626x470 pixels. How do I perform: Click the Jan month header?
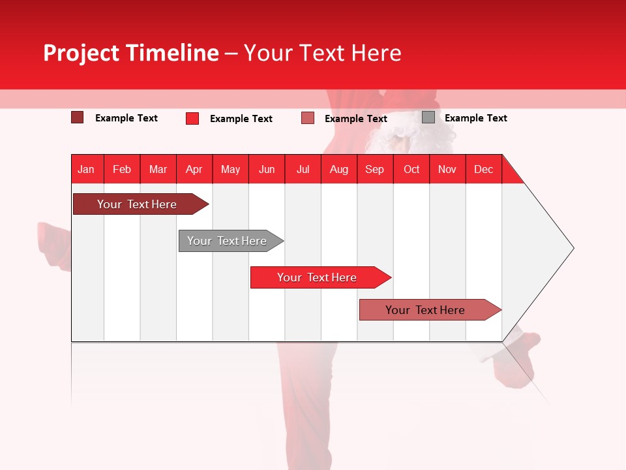coord(87,169)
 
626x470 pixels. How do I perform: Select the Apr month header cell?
coord(194,169)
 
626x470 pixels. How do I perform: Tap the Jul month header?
coord(303,169)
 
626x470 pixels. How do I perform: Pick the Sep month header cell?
coord(375,169)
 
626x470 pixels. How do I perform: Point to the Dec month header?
coord(483,169)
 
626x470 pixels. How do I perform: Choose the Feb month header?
coord(122,169)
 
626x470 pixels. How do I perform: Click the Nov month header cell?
coord(447,169)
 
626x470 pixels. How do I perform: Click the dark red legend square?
coord(78,117)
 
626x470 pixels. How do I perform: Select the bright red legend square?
coord(192,118)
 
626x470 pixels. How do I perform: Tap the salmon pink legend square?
coord(308,118)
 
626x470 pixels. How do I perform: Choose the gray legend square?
coord(428,117)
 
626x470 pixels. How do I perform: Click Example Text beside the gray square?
coord(475,118)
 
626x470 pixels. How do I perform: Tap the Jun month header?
coord(267,169)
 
